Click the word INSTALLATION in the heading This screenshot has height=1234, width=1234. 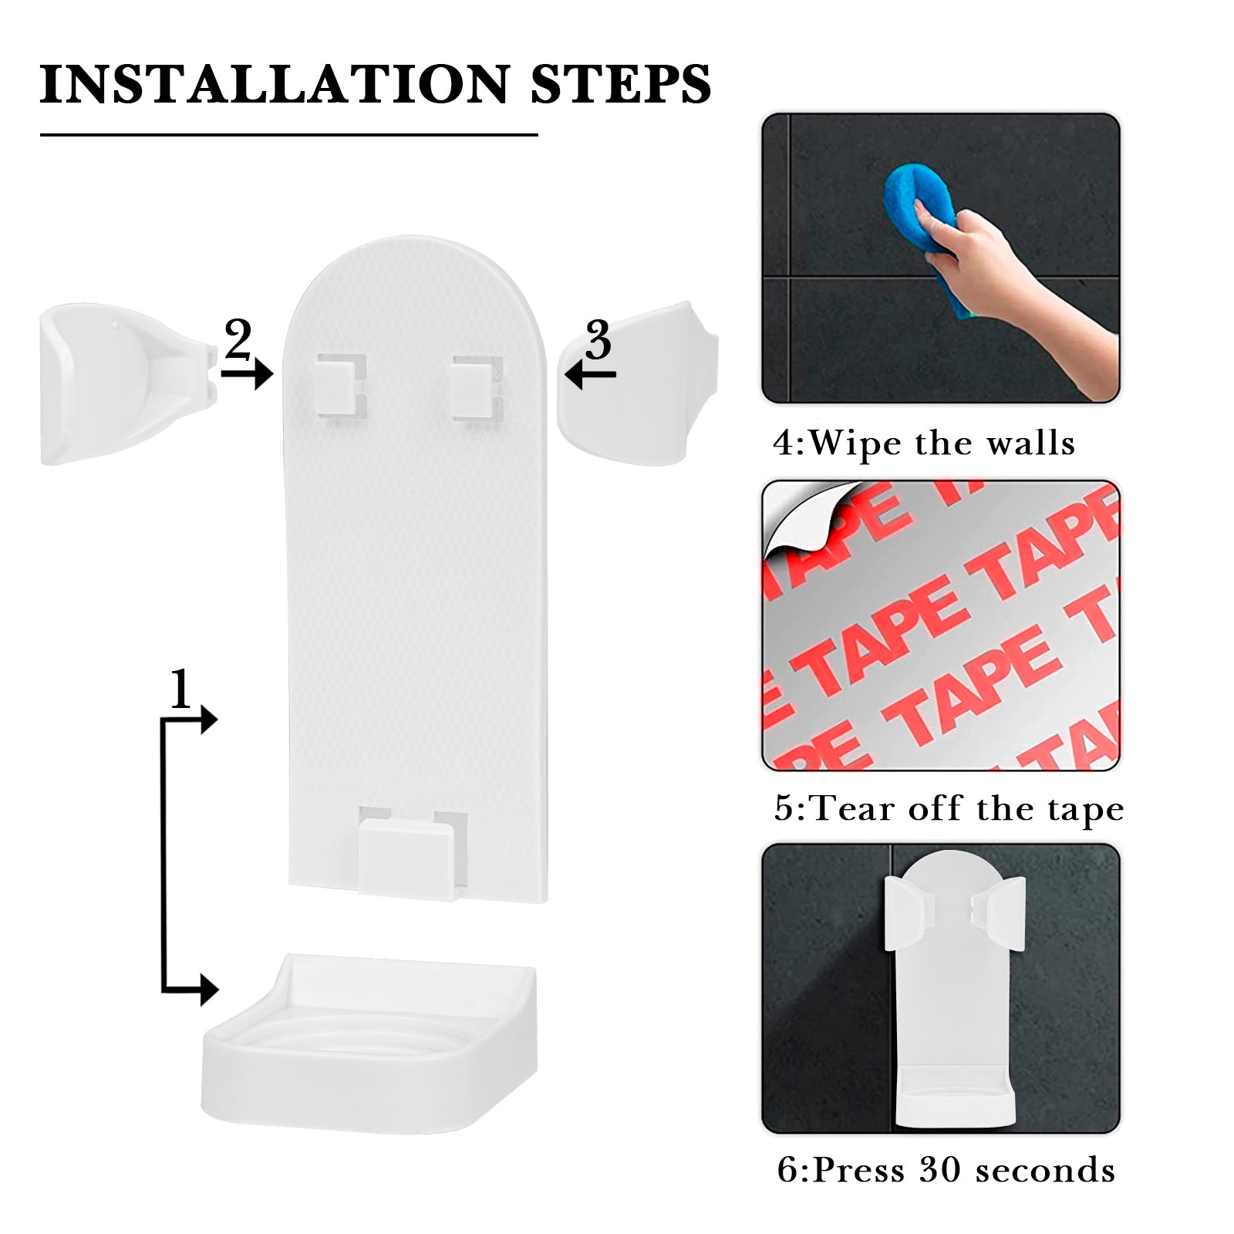click(x=275, y=84)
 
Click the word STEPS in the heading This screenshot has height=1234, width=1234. click(x=620, y=84)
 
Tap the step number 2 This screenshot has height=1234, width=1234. click(x=238, y=339)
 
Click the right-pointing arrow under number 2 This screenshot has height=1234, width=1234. click(x=247, y=374)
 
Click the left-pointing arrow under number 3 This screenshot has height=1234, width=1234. click(x=590, y=375)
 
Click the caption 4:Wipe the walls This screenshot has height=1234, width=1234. click(x=924, y=443)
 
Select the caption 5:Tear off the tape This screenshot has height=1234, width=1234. click(x=949, y=808)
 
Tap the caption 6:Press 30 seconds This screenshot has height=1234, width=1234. click(x=946, y=1170)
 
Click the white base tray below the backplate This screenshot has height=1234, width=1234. click(x=369, y=1043)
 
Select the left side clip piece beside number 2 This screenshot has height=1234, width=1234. click(x=128, y=383)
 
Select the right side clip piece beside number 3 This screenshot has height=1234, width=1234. click(x=638, y=383)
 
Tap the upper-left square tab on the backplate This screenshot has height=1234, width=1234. click(x=341, y=386)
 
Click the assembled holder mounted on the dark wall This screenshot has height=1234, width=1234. click(x=954, y=987)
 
